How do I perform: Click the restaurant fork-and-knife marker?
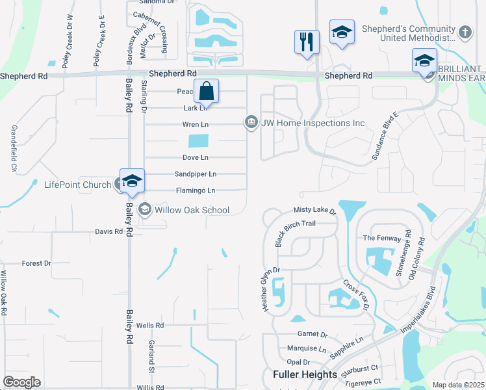(x=306, y=42)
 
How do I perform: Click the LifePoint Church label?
(x=77, y=185)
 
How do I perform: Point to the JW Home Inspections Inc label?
(x=314, y=123)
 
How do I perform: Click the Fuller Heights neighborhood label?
(x=305, y=374)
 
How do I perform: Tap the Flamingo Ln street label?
(x=196, y=190)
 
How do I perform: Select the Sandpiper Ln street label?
(x=195, y=174)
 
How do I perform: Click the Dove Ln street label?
(x=195, y=157)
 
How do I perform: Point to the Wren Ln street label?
(x=195, y=124)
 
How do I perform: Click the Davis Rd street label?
(x=109, y=231)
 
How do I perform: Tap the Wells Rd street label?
(x=149, y=325)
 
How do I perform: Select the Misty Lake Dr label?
(x=314, y=211)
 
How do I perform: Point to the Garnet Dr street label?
(x=312, y=334)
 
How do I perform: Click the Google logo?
(x=21, y=382)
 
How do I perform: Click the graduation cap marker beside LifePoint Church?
(x=132, y=181)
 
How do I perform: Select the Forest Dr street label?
(x=36, y=263)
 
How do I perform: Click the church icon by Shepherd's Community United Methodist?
(x=465, y=31)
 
